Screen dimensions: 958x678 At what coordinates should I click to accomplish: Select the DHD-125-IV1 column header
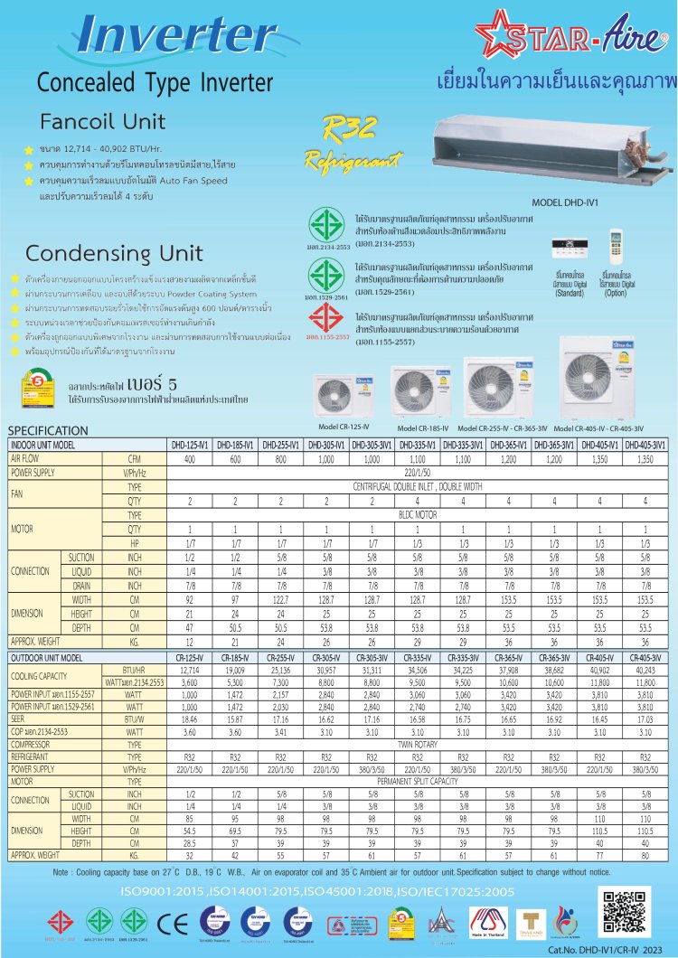click(x=190, y=446)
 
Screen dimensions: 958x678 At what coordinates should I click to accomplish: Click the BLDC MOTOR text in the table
click(x=417, y=514)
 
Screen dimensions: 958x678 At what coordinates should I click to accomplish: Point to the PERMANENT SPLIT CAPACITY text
click(x=417, y=780)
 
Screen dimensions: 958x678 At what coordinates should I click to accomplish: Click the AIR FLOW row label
click(x=28, y=458)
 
